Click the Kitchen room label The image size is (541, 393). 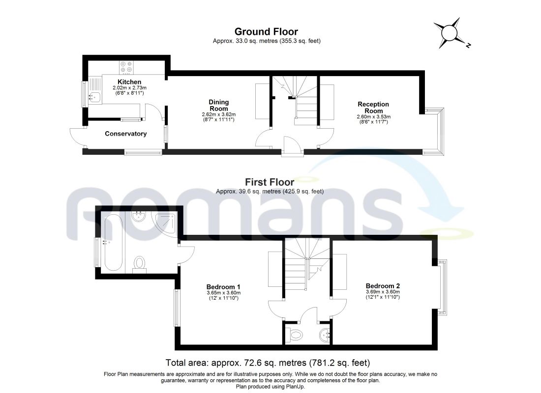[x=129, y=82]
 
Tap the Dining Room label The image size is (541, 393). [x=219, y=105]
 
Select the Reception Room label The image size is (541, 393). [x=373, y=107]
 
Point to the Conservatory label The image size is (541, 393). [x=125, y=134]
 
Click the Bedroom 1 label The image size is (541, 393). [x=223, y=287]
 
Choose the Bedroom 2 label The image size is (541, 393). [x=383, y=286]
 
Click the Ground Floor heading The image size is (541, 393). [x=266, y=32]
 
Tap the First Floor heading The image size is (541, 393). [x=270, y=182]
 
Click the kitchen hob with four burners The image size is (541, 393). [x=126, y=68]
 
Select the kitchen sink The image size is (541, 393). [x=94, y=98]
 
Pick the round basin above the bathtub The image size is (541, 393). [x=138, y=217]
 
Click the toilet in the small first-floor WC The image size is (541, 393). [x=295, y=334]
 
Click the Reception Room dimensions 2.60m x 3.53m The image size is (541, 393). [x=374, y=117]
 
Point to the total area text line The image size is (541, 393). [x=268, y=363]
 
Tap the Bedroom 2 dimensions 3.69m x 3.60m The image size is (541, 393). [x=383, y=292]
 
